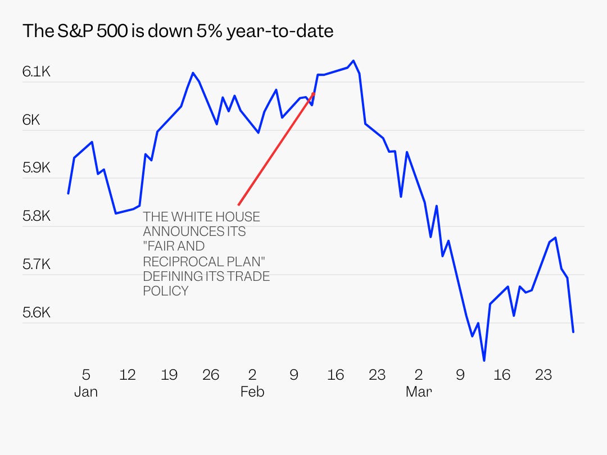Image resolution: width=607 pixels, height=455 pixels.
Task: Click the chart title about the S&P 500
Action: coord(178,31)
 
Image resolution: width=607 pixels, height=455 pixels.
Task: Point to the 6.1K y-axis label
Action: coord(37,72)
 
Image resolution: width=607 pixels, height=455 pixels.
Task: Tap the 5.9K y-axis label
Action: coord(37,168)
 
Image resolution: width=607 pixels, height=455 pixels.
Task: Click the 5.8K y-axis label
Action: coord(37,216)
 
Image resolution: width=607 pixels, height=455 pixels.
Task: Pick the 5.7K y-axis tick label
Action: coord(37,264)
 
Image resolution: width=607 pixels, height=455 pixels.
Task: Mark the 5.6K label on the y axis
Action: coord(37,312)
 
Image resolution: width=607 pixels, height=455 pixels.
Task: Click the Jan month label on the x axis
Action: coord(86,392)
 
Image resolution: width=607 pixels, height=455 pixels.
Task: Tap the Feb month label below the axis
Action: coord(252,392)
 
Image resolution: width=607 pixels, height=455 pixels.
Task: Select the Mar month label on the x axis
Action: coord(418,392)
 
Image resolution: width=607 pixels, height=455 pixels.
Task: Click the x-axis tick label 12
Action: coord(128,375)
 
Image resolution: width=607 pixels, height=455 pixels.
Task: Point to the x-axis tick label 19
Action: coord(169,375)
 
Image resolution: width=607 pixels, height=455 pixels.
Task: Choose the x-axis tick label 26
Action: coord(211,375)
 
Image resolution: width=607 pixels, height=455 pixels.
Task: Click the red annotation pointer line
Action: coord(275,149)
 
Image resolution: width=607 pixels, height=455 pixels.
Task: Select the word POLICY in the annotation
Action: coord(165,291)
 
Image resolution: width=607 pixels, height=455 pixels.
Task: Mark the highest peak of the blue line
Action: coord(353,61)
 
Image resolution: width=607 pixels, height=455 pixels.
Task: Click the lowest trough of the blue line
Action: coord(484,360)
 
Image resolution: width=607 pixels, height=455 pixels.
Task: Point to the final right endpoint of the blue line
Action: coord(573,332)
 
